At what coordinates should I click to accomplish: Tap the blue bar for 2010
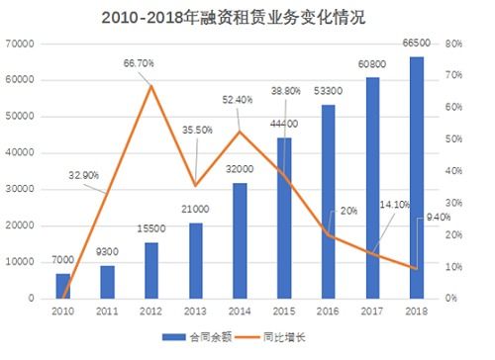pos(64,286)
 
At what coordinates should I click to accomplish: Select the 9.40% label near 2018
pos(439,218)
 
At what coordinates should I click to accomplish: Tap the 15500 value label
pos(151,228)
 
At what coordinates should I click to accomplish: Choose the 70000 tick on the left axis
pos(21,44)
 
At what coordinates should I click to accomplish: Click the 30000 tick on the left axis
pos(21,189)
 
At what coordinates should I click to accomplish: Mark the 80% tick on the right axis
pos(455,44)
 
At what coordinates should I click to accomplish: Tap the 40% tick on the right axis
pos(455,171)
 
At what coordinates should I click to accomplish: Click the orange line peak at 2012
pos(151,86)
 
